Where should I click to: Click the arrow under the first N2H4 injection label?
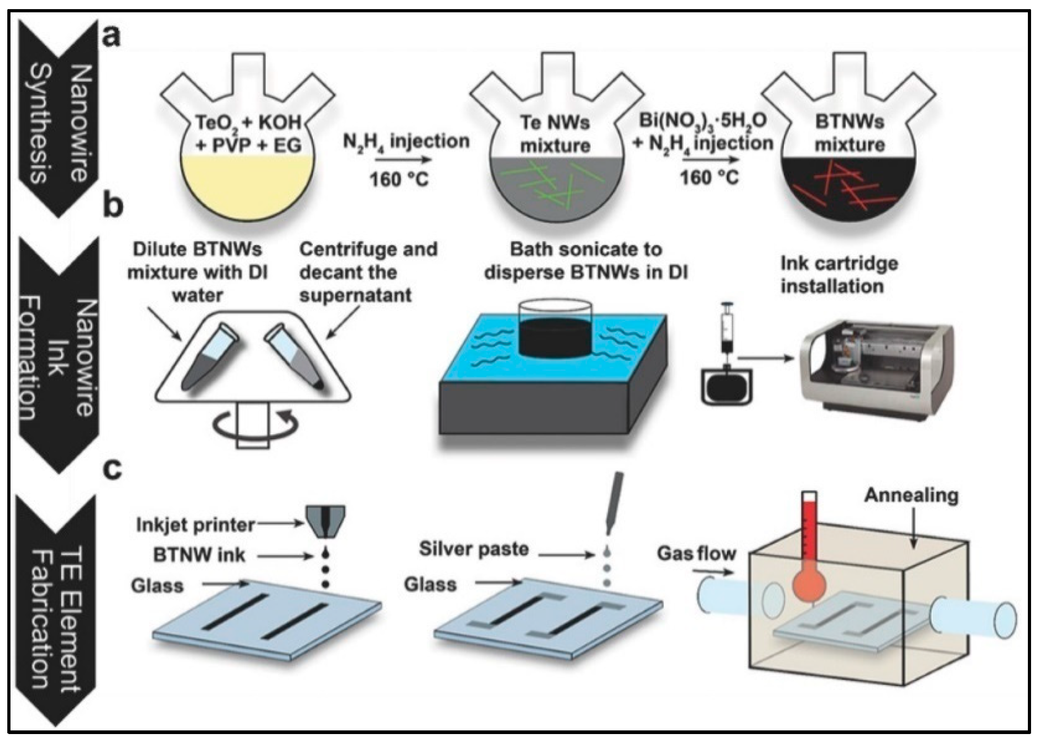click(x=403, y=160)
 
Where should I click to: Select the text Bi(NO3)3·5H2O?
click(x=703, y=121)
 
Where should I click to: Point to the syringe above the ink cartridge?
click(x=726, y=330)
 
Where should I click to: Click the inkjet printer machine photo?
click(x=876, y=371)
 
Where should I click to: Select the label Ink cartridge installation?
click(x=839, y=275)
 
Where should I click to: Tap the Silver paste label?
click(x=473, y=549)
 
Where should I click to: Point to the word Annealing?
click(x=911, y=496)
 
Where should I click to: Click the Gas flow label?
click(x=696, y=553)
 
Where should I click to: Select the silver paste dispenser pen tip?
click(x=610, y=527)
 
